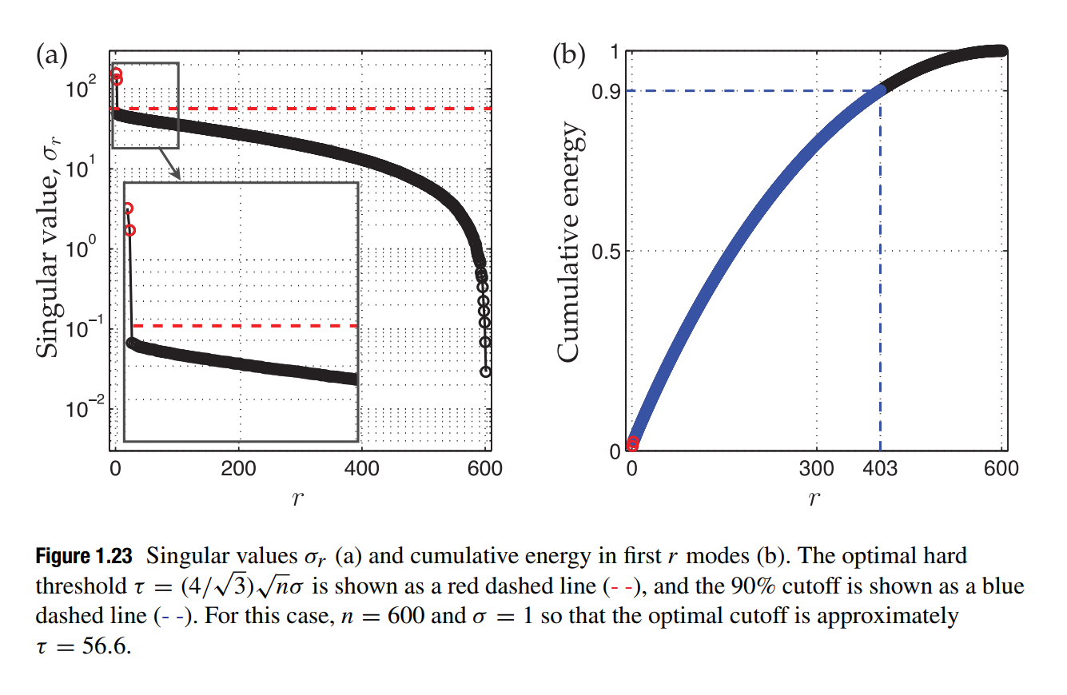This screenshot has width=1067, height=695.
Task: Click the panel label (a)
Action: (x=52, y=56)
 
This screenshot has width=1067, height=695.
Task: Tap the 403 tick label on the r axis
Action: (x=881, y=469)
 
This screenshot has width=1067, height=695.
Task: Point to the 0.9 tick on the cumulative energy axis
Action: (x=607, y=91)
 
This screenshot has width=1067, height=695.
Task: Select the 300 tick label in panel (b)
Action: (x=817, y=469)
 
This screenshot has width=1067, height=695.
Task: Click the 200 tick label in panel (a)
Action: (x=239, y=469)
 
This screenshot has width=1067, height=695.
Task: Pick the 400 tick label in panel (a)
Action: (x=361, y=469)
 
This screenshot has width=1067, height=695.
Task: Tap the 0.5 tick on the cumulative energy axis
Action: (x=607, y=252)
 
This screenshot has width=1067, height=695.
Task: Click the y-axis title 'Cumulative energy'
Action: (x=570, y=244)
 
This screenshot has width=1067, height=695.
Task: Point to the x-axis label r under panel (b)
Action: (x=815, y=499)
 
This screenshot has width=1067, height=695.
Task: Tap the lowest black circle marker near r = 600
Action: (x=485, y=371)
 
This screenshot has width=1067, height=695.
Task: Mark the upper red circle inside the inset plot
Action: (x=127, y=208)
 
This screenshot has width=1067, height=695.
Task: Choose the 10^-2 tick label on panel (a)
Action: (x=81, y=408)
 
